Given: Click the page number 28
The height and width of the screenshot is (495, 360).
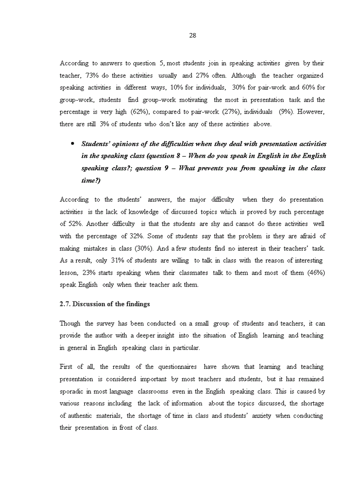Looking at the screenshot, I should click(192, 36).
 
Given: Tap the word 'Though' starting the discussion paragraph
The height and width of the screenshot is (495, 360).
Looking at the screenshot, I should click(70, 324).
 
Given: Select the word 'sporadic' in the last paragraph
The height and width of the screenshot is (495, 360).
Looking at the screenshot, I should click(71, 391).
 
